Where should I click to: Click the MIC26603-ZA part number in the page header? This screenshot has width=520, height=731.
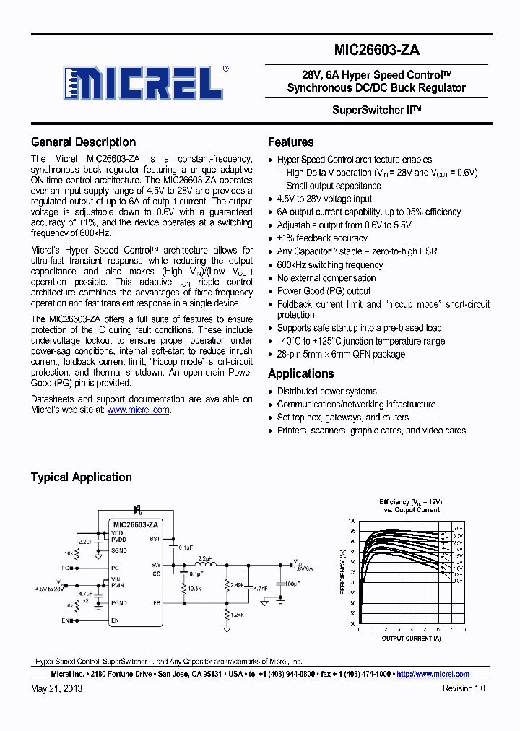coord(376,50)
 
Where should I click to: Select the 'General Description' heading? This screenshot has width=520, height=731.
coord(83,142)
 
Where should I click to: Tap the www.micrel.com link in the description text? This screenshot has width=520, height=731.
coord(138,410)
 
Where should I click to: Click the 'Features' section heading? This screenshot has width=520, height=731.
coord(290,142)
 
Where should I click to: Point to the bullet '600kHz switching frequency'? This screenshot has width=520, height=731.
coord(329,265)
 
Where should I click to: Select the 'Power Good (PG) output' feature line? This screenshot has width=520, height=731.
coord(324,291)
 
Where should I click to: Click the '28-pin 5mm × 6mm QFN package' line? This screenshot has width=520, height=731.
coord(341,355)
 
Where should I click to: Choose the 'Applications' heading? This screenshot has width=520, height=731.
coord(300,374)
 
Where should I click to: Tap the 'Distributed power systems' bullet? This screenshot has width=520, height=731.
coord(326,392)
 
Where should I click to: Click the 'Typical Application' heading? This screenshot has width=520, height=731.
coord(81,477)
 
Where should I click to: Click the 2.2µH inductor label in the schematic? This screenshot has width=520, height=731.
coord(206,558)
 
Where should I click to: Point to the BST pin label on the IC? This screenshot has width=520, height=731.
coord(155,539)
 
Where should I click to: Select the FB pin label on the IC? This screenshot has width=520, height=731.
coord(156,602)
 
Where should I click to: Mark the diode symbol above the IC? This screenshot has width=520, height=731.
coord(136,511)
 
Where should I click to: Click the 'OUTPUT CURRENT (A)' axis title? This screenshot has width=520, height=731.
coord(410,638)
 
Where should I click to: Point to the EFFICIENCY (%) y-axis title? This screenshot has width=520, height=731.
coord(342,571)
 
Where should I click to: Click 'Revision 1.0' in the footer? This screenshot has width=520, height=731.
coord(464,688)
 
